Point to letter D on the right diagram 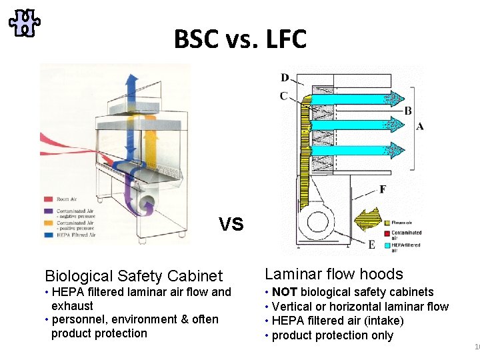click(285, 79)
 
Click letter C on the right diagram click(284, 96)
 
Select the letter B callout click(408, 111)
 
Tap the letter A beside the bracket click(419, 126)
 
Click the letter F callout click(383, 189)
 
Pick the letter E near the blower click(371, 245)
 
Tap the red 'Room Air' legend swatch click(49, 199)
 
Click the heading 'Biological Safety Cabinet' click(133, 276)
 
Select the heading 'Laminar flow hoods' click(334, 274)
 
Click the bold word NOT click(285, 292)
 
